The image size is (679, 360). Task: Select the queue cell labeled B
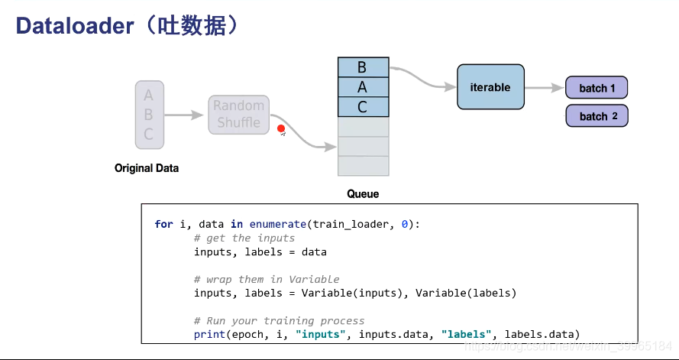click(x=363, y=67)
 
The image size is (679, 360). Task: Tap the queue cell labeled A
click(x=363, y=87)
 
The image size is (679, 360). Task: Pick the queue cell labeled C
click(x=363, y=107)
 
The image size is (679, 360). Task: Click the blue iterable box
click(x=490, y=87)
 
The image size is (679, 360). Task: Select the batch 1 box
click(x=597, y=88)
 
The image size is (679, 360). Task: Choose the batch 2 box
click(x=597, y=116)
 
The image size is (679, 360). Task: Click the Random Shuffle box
click(x=238, y=115)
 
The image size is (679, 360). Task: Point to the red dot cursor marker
click(x=281, y=129)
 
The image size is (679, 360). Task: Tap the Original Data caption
click(x=147, y=168)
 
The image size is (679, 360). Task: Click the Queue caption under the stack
click(x=363, y=194)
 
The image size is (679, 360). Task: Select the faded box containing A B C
click(x=149, y=115)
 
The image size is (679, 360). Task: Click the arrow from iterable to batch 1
click(x=544, y=88)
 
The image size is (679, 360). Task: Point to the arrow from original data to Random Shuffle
click(x=185, y=115)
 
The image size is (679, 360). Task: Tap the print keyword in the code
click(x=209, y=334)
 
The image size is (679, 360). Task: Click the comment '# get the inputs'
click(x=244, y=238)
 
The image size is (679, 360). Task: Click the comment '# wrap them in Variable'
click(x=266, y=279)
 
